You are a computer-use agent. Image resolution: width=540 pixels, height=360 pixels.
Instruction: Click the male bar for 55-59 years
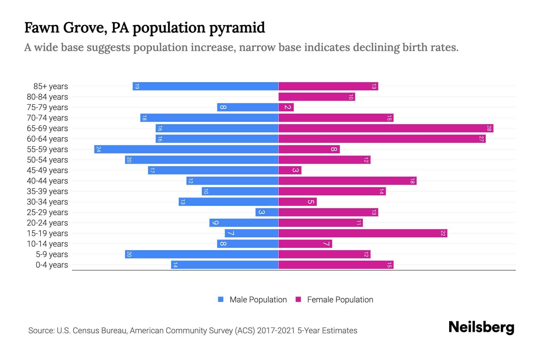coord(186,149)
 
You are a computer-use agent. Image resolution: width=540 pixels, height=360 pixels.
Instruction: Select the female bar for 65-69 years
coord(385,128)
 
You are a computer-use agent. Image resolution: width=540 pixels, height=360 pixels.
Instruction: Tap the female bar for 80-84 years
coord(316,97)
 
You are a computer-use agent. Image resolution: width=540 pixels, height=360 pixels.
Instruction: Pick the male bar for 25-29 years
coord(267,212)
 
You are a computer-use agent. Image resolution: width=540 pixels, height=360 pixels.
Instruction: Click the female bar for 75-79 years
coord(286,107)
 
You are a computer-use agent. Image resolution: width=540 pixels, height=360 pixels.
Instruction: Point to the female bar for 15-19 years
coord(362,233)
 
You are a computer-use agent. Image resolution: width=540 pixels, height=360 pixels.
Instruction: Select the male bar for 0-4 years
coord(224,265)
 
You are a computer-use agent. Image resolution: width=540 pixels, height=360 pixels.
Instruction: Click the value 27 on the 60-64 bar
coord(481,139)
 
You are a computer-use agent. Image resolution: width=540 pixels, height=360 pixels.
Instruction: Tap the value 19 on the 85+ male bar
coord(137,86)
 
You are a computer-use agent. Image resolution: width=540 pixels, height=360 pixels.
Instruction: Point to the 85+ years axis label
coord(51,86)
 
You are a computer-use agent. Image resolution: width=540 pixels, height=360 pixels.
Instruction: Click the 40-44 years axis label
coord(47,181)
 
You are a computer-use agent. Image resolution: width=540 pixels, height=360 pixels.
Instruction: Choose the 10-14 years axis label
coord(47,244)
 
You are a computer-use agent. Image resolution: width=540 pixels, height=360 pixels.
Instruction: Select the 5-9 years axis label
coord(52,254)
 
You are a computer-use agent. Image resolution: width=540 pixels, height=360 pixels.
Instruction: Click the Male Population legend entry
coord(258,300)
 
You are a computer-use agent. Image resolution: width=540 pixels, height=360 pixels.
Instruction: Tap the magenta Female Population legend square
coord(298,299)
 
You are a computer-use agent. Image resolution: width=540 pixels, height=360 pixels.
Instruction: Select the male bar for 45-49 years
coord(213,170)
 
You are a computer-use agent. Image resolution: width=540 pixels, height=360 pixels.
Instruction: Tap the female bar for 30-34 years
coord(297,202)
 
